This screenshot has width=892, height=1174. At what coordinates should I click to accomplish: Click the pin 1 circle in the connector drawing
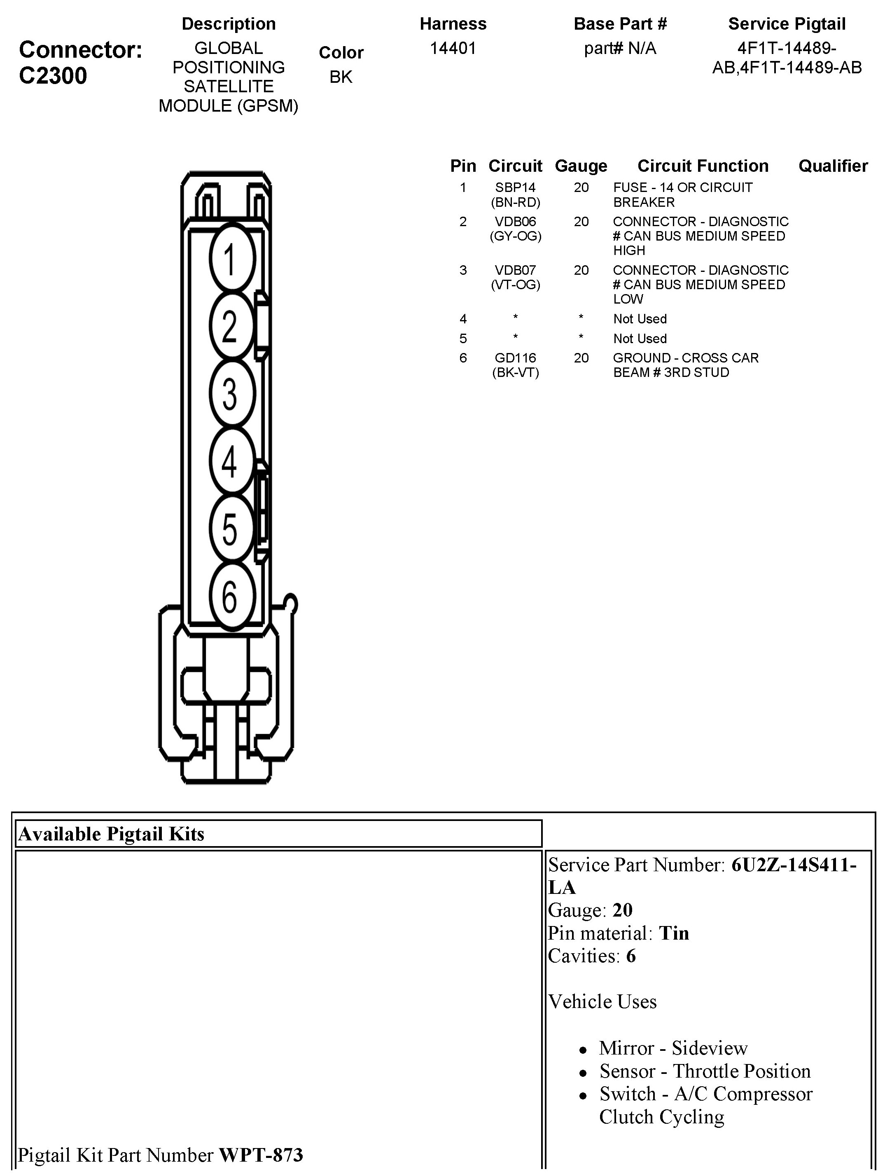click(232, 259)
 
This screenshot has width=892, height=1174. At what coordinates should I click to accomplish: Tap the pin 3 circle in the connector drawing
click(232, 393)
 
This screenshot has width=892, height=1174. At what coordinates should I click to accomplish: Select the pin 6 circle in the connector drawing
click(232, 596)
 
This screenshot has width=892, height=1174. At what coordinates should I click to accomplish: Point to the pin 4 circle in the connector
click(232, 461)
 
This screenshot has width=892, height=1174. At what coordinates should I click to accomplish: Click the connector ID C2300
click(53, 76)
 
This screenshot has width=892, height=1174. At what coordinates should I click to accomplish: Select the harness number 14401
click(453, 48)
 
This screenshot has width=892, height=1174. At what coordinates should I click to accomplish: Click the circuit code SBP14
click(515, 187)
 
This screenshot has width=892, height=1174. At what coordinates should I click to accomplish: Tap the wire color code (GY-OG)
click(515, 236)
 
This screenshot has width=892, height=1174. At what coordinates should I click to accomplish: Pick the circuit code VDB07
click(515, 270)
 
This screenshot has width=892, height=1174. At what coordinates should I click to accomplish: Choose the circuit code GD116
click(515, 358)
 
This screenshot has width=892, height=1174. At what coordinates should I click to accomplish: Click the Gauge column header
click(581, 166)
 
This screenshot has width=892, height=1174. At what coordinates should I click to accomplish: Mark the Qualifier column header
click(833, 166)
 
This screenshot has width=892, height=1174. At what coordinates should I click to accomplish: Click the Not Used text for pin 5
click(640, 339)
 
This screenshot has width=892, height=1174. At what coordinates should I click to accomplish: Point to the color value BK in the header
click(341, 77)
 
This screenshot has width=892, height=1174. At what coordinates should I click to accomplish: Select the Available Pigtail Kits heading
click(112, 834)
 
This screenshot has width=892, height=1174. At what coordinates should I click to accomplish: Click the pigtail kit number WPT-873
click(261, 1154)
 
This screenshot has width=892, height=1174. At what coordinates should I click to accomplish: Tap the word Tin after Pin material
click(674, 933)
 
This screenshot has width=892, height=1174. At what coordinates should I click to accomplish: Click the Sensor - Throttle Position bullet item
click(705, 1071)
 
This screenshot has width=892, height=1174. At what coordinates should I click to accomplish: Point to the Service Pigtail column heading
click(786, 24)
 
